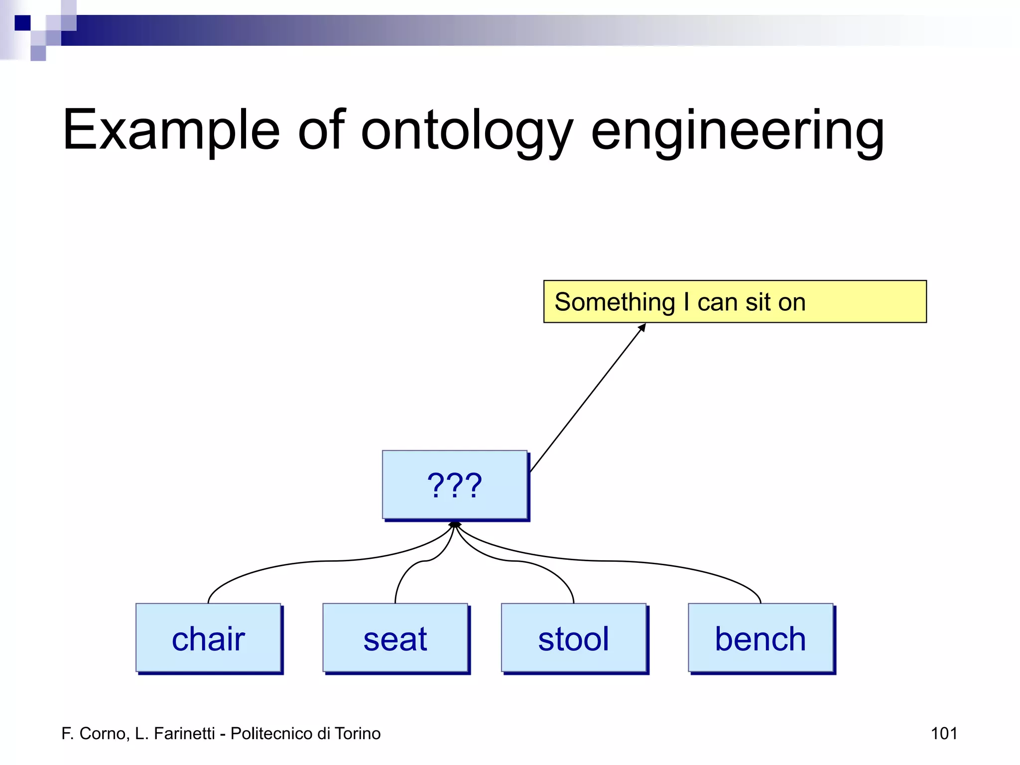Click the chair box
[208, 638]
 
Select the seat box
[395, 638]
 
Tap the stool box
[573, 638]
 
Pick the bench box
[761, 638]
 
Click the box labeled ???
[454, 485]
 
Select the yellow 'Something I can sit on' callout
[735, 302]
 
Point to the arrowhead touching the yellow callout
[642, 328]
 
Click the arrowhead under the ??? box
[455, 524]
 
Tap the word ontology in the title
[466, 130]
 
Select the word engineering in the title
[737, 130]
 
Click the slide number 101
[944, 733]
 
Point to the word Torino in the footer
[358, 733]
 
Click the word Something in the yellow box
[615, 302]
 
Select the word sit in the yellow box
[759, 302]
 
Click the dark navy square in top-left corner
[22, 23]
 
